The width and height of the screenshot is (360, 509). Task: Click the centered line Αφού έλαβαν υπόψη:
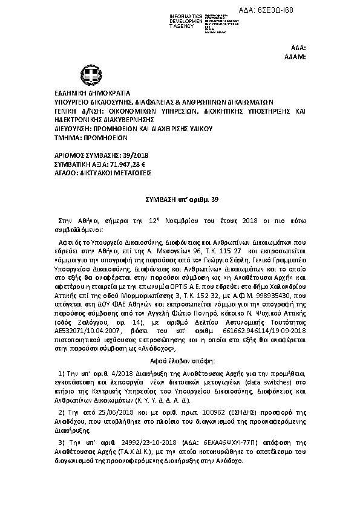click(180, 361)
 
